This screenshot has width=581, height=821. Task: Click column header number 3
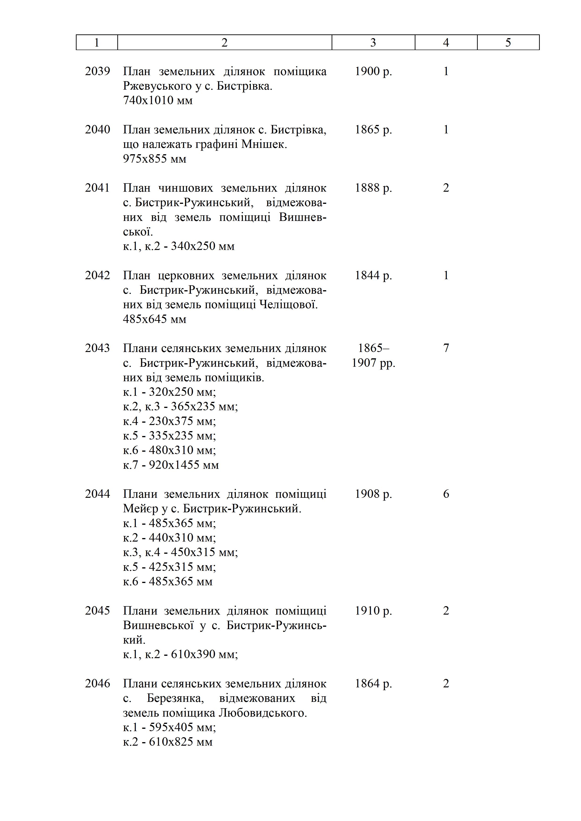pyautogui.click(x=373, y=43)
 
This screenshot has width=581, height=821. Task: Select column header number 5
pyautogui.click(x=508, y=43)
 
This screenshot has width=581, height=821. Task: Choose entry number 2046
pyautogui.click(x=97, y=683)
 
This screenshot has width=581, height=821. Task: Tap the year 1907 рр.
pyautogui.click(x=373, y=363)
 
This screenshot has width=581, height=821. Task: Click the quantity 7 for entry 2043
pyautogui.click(x=446, y=348)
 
